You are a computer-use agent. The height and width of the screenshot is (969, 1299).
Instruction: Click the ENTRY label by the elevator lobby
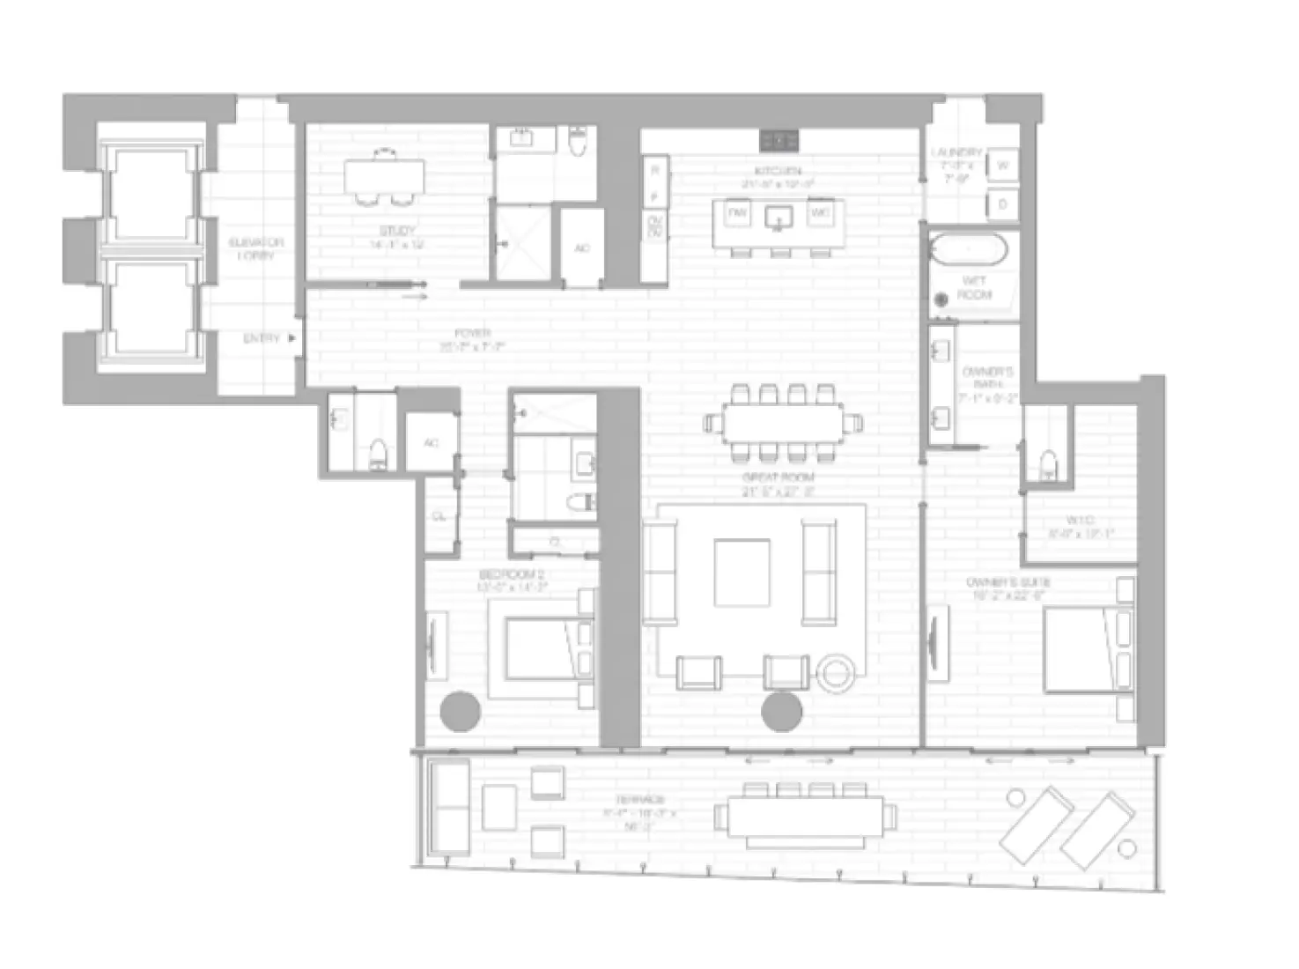point(262,338)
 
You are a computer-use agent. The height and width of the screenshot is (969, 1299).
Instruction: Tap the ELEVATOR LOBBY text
point(255,248)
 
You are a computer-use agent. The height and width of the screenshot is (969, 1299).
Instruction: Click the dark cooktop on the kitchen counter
point(779,139)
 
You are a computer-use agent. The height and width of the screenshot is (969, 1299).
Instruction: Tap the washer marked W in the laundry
point(1003,165)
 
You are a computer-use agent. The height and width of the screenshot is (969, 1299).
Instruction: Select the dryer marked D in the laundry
point(1003,204)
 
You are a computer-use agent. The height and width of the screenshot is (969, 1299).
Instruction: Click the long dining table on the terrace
point(807,817)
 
